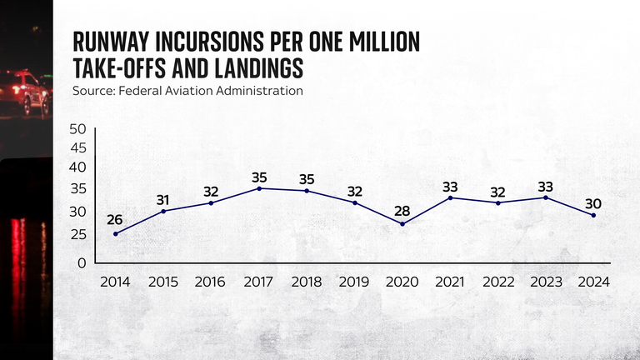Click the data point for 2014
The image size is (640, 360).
[115, 233]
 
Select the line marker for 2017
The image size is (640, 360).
[259, 188]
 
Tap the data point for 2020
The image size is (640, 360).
[402, 224]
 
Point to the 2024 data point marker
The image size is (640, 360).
[593, 215]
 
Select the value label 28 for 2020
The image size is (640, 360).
[402, 211]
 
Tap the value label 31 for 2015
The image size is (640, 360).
[162, 199]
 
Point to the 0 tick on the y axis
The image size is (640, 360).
[82, 262]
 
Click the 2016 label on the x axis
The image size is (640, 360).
[211, 282]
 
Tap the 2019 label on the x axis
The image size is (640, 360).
[355, 282]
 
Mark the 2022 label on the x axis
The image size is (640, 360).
[498, 282]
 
